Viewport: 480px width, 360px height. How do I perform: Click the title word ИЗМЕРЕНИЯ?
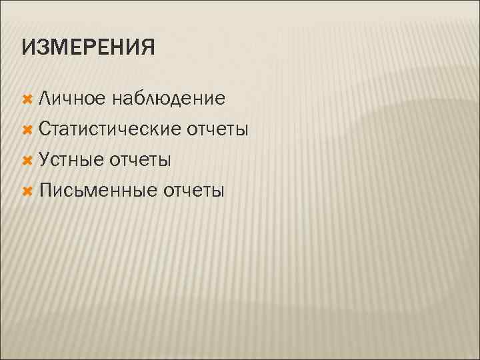point(88,48)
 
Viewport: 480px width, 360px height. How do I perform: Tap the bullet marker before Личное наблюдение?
point(27,99)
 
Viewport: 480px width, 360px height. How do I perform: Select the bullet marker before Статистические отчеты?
point(27,129)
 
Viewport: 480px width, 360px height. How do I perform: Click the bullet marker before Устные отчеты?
point(27,160)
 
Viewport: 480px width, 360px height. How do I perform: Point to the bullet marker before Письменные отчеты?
point(27,191)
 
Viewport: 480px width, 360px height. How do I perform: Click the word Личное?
point(72,99)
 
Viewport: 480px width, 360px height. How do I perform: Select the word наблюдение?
point(169,99)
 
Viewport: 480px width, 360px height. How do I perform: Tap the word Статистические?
point(110,129)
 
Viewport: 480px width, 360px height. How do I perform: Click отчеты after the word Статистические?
point(218,129)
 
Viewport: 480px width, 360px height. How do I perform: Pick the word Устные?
point(71,160)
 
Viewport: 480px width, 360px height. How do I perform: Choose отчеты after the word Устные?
point(141,160)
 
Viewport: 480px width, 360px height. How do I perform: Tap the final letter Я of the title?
point(147,48)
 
